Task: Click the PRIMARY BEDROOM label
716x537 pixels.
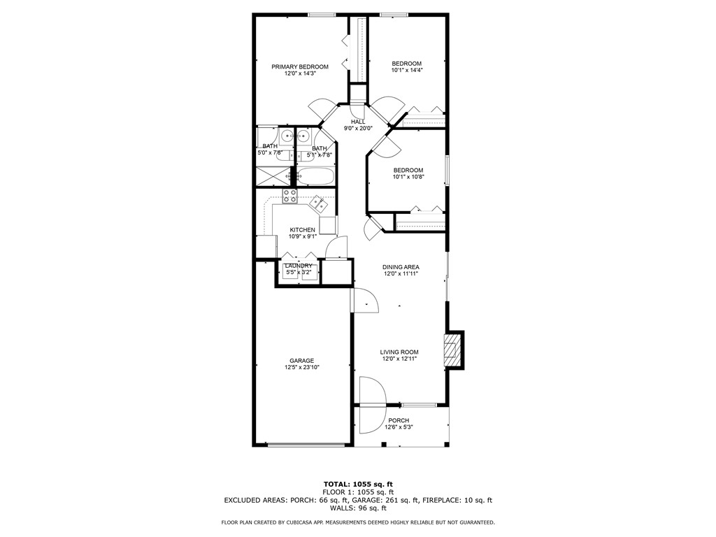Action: point(299,66)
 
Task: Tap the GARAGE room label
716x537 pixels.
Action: point(301,361)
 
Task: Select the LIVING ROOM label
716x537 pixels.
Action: point(399,352)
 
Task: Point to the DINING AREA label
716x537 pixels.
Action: point(401,267)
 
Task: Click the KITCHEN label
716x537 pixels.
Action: point(302,229)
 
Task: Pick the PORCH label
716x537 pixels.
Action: point(399,420)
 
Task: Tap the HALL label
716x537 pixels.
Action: point(358,122)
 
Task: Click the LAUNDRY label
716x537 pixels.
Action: point(299,266)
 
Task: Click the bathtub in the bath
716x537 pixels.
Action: point(315,176)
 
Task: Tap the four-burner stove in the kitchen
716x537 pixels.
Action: point(289,196)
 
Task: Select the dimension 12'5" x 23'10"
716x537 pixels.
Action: point(301,367)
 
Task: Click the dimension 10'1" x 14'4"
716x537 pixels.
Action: point(406,71)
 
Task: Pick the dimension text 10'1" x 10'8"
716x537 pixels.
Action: point(408,177)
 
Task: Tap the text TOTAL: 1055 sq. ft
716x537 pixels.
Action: point(358,485)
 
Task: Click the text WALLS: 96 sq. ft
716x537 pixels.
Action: point(358,508)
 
